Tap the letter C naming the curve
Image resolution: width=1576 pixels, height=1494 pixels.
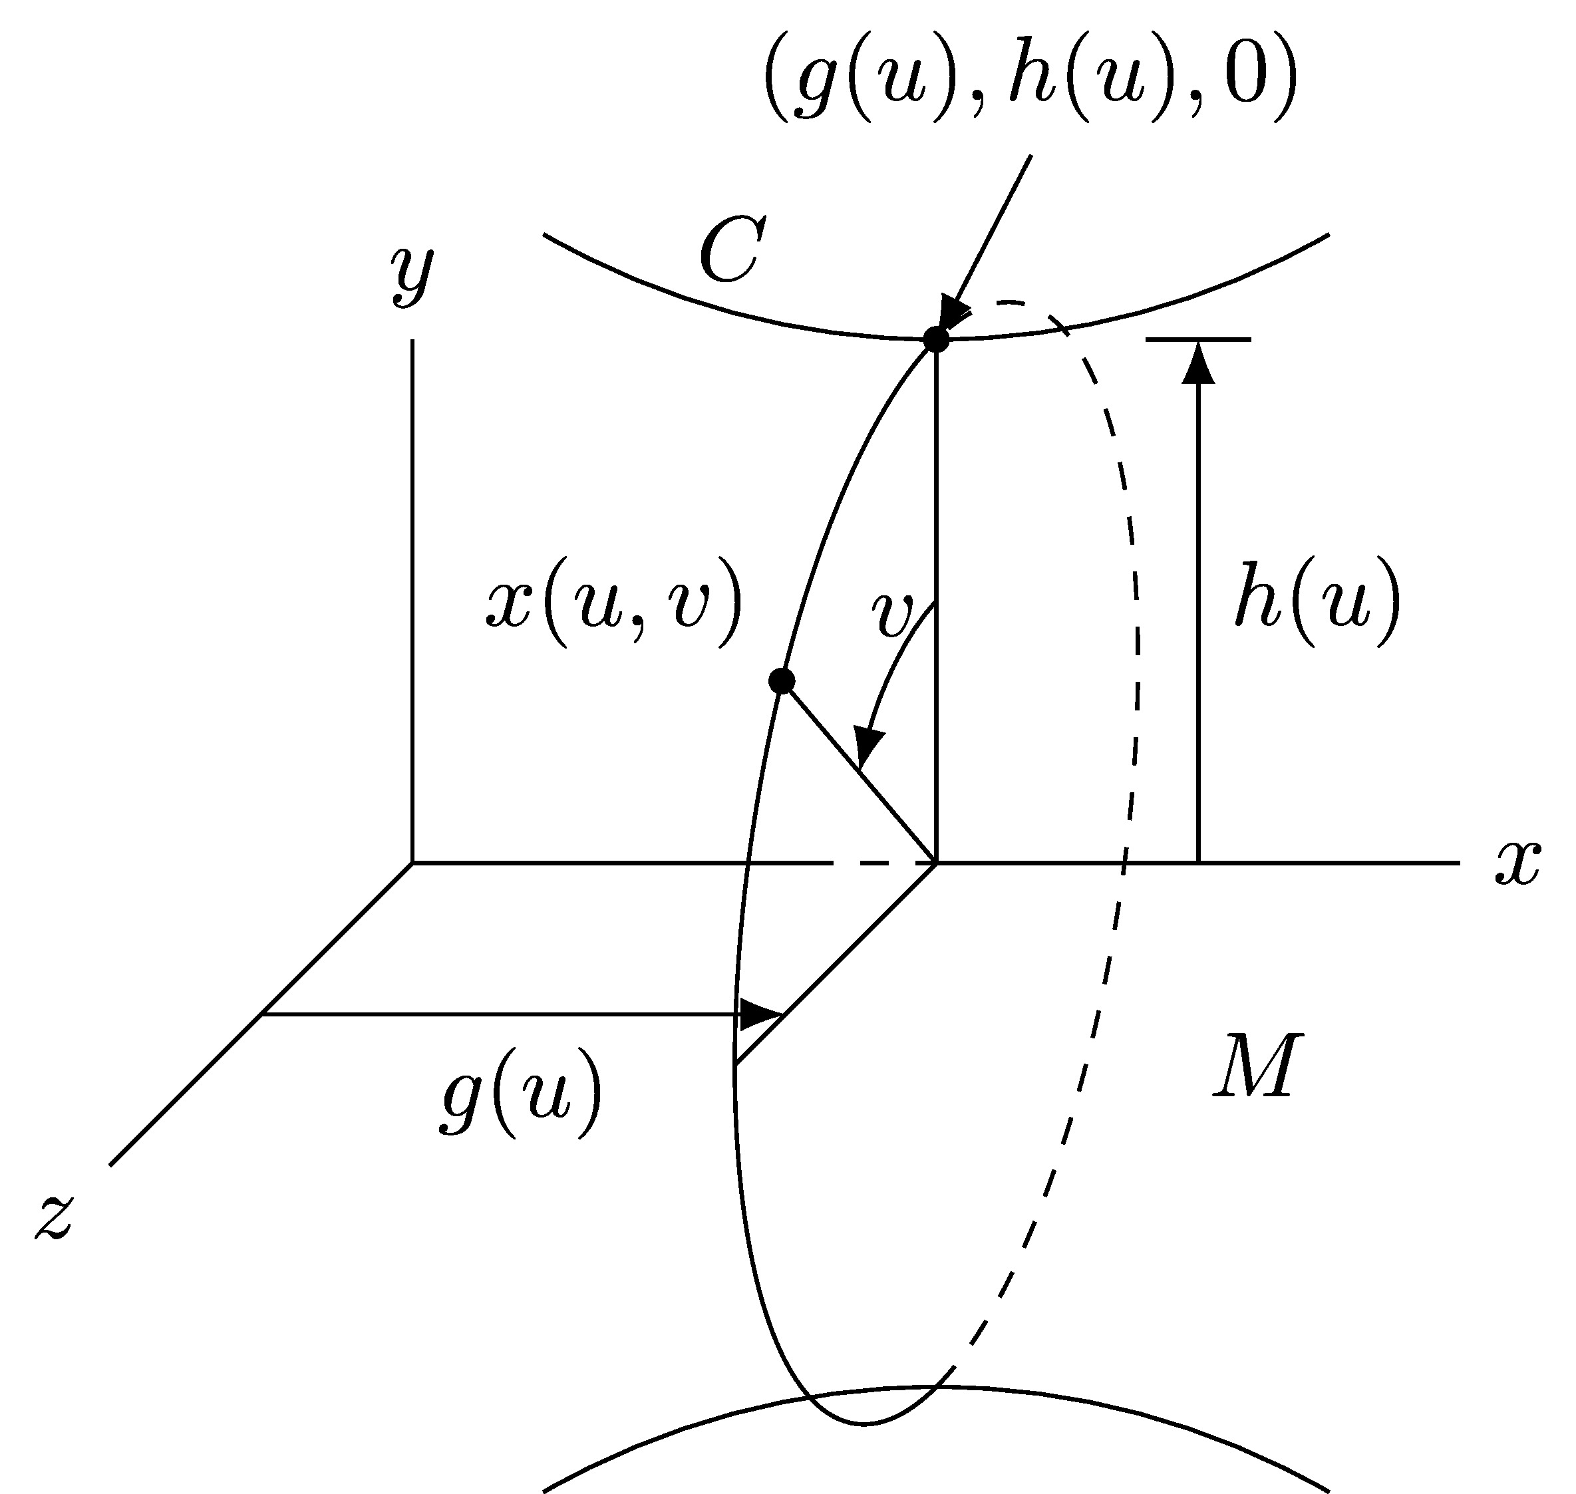[732, 250]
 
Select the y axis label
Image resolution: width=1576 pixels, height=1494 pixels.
[412, 275]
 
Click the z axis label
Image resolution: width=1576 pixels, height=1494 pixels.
[53, 1217]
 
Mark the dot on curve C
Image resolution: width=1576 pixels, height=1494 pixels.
[937, 339]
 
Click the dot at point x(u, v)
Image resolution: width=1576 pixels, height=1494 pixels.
[782, 681]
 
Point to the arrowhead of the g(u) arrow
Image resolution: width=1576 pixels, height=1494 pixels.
[760, 1014]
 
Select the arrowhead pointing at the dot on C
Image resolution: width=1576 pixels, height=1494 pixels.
[953, 311]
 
